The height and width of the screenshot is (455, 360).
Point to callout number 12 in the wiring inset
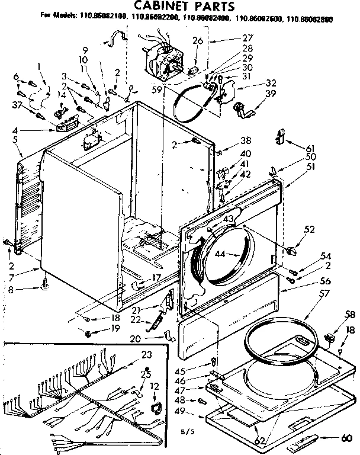pos(155,387)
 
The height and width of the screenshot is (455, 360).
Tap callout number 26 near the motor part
pos(198,41)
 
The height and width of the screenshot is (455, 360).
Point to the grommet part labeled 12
pos(156,407)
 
